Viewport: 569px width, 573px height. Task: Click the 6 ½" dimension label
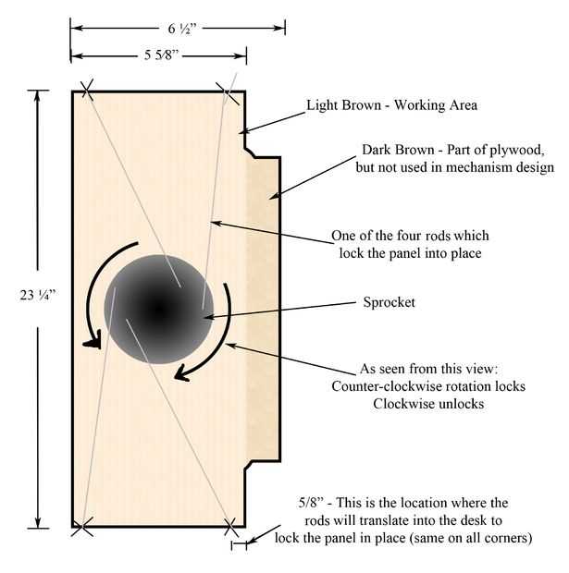click(182, 29)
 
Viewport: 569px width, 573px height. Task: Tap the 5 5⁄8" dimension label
click(161, 55)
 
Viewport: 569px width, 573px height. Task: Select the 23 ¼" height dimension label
click(38, 295)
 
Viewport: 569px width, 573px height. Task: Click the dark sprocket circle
click(158, 310)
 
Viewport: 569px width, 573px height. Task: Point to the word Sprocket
click(389, 302)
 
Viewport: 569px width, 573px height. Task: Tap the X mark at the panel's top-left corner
click(87, 89)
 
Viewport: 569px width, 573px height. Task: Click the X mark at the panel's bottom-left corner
click(82, 527)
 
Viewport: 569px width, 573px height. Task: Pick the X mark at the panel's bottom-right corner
click(230, 528)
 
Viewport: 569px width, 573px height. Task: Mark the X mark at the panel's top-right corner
click(228, 93)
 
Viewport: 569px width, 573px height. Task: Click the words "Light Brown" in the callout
click(343, 105)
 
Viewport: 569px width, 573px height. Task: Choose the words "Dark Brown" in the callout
click(398, 150)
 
